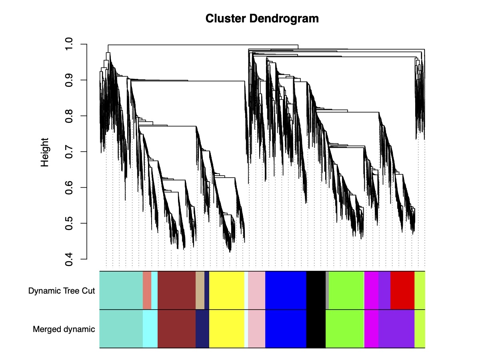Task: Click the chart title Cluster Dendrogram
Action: tap(262, 18)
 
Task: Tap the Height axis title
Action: tap(44, 152)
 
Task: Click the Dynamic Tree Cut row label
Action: tap(62, 291)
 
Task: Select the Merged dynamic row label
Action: tap(64, 329)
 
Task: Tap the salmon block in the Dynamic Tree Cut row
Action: tap(147, 290)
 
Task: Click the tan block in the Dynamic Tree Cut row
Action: tap(200, 290)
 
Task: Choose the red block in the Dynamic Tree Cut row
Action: tap(402, 290)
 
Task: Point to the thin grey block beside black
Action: tap(327, 290)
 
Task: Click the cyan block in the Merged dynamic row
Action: tap(150, 329)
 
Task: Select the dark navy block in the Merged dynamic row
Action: tap(202, 329)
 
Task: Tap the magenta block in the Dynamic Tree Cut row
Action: tap(371, 290)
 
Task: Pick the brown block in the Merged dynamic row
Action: tap(176, 329)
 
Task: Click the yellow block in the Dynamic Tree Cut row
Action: tap(227, 290)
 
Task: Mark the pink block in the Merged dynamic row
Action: tap(256, 329)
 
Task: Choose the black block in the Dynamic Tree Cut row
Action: tap(316, 290)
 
